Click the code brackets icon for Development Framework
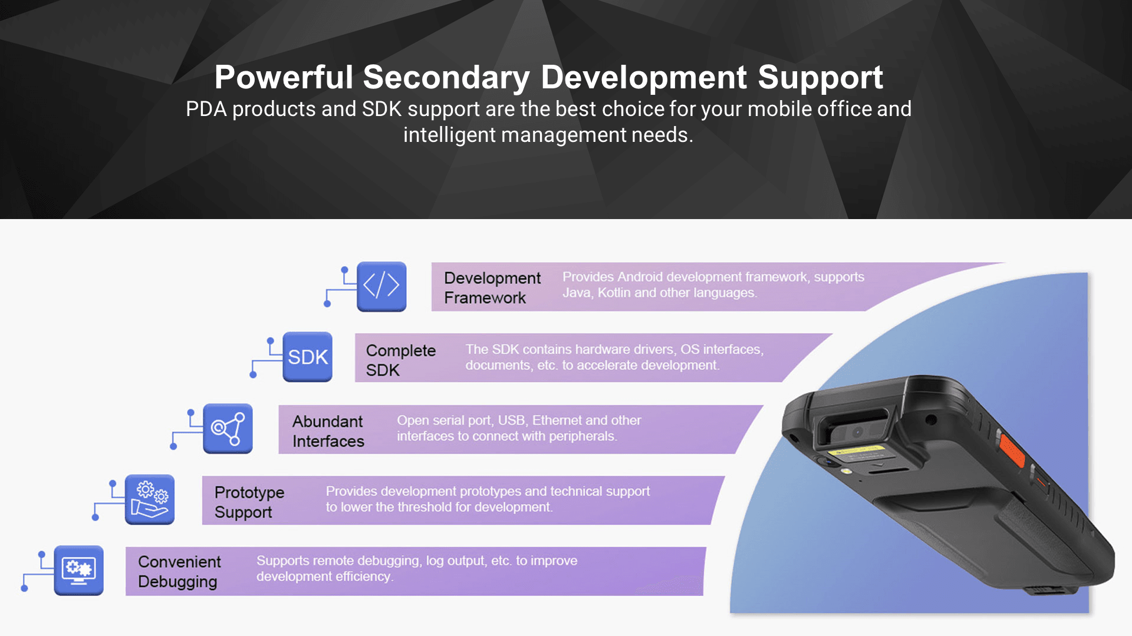click(381, 286)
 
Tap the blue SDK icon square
click(307, 357)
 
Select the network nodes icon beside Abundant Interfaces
click(228, 428)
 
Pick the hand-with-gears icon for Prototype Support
click(150, 499)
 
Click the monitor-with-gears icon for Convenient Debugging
click(79, 570)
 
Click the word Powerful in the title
click(284, 77)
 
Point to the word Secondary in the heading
click(446, 78)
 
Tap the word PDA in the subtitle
click(206, 109)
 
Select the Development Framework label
click(492, 287)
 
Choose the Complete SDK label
click(401, 360)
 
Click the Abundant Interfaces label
click(328, 431)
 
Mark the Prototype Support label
click(249, 502)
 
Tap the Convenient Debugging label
click(179, 572)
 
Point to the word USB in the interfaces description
click(511, 420)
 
